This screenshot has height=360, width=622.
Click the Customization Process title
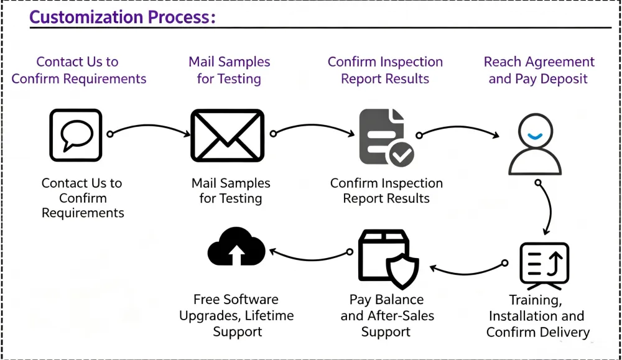coord(122,17)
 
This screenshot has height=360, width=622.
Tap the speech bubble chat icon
coord(76,135)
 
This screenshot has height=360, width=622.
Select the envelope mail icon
coord(227,136)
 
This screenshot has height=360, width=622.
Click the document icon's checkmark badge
coord(401,155)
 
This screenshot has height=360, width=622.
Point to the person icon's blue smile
coord(535,137)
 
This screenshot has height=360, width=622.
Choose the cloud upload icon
coord(236,246)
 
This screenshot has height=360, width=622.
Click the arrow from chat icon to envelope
coord(149,126)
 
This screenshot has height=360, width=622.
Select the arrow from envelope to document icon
coord(313,126)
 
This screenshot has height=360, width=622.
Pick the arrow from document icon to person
coord(458,127)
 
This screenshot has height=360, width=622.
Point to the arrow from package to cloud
coord(309,259)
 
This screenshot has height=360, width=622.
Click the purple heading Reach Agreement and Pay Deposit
coord(539,70)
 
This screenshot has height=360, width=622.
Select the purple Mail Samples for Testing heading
coord(230,70)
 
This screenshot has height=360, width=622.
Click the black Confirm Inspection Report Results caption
coord(386,191)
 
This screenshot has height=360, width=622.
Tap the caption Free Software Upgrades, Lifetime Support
coord(236,316)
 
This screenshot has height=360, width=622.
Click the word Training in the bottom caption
coord(536,300)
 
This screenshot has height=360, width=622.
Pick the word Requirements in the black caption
coord(83,213)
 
